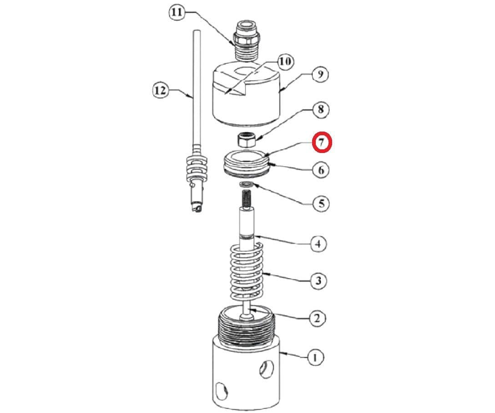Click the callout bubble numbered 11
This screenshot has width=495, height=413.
[x=177, y=13]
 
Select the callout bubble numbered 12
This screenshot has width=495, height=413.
[x=160, y=91]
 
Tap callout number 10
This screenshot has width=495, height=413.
[x=285, y=61]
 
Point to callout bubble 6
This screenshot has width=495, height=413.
[x=321, y=170]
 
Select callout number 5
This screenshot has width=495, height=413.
[x=321, y=203]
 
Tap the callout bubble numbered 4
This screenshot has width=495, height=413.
[x=318, y=244]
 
